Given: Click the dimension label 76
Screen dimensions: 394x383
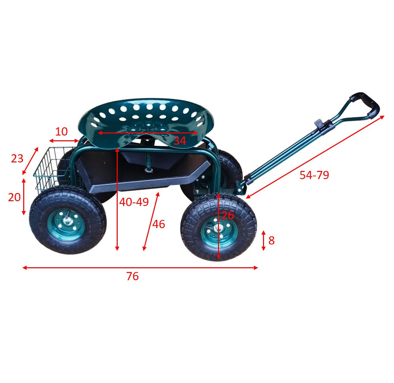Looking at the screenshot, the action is [x=132, y=276].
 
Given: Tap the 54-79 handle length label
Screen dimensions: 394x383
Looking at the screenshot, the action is [x=314, y=175].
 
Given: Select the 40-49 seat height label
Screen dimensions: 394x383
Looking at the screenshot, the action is [x=134, y=202].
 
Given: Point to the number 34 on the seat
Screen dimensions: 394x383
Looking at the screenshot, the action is [x=180, y=141].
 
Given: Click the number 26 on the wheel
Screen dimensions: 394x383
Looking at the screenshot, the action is [x=228, y=216].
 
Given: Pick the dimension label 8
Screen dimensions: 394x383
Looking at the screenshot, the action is [x=271, y=240].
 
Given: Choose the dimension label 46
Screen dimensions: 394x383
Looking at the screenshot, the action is [x=159, y=224].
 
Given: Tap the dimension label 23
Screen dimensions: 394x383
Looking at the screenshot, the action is [x=17, y=159].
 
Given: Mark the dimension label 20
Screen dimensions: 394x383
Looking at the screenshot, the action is [x=14, y=197].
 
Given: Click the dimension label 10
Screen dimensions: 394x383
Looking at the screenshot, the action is [x=61, y=132].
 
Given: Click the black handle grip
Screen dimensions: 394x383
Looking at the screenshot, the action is [x=366, y=104].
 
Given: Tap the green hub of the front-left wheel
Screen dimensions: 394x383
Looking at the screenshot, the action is [x=66, y=224].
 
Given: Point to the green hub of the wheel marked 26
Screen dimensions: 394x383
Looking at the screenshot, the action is [x=219, y=231].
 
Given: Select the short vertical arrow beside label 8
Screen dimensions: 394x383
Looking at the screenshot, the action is [x=263, y=240].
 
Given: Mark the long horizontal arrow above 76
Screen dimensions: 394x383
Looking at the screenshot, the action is [x=140, y=268].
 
